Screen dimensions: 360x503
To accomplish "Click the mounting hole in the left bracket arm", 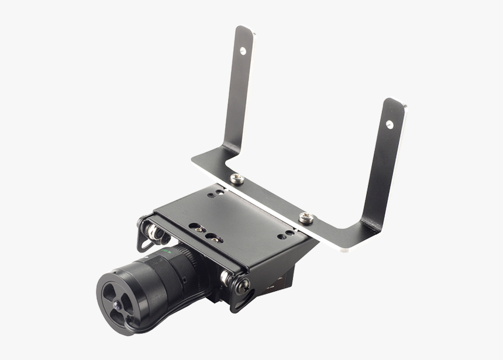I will pos(243,51).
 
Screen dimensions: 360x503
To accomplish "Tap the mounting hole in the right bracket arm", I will pos(390,124).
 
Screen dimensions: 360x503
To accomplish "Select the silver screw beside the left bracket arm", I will pos(237,178).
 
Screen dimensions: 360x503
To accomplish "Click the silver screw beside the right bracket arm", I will pos(306,218).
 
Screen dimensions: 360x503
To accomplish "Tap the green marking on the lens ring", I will pos(167,251).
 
